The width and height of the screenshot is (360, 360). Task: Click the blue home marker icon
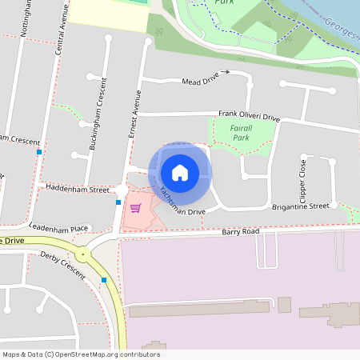(x=180, y=172)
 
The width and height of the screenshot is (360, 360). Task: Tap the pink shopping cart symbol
(x=135, y=208)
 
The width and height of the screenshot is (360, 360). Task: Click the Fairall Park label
(x=241, y=133)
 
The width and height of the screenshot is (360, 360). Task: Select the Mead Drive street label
(x=200, y=82)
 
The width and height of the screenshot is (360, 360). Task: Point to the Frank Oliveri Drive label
(x=249, y=117)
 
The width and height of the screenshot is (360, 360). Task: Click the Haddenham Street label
(x=77, y=190)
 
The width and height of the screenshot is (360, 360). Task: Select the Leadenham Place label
(x=57, y=228)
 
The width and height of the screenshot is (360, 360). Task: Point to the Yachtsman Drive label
(x=182, y=202)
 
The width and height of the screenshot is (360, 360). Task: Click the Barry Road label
(x=241, y=231)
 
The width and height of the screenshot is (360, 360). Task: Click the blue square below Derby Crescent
(x=104, y=280)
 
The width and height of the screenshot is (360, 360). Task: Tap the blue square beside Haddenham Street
(x=118, y=202)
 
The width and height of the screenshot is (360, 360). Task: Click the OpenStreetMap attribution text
(x=81, y=354)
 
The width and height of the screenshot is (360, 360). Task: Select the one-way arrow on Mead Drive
(x=226, y=72)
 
